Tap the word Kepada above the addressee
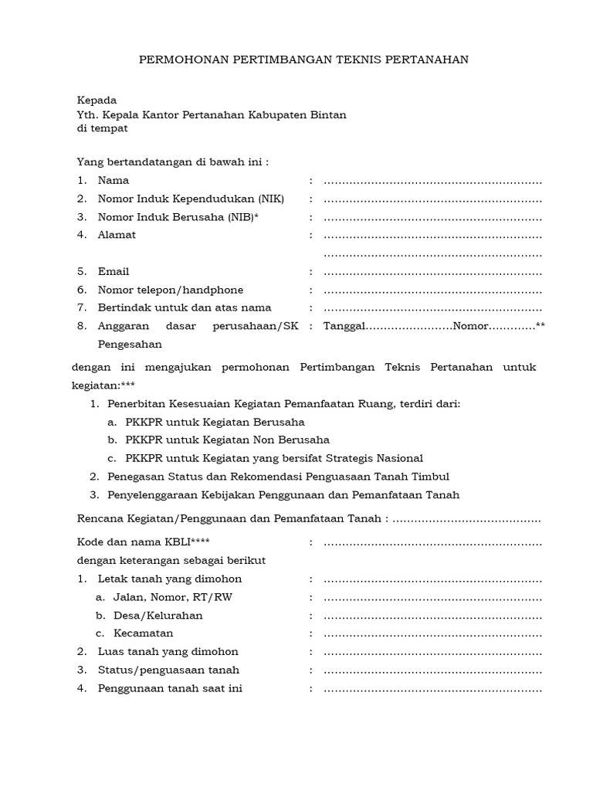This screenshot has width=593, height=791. coord(97,100)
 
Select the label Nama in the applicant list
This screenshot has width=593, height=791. coord(114,181)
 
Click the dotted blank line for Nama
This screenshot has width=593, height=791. coord(432,182)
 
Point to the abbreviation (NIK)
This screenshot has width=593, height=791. coord(267,199)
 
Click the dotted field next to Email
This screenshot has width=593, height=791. coord(432,272)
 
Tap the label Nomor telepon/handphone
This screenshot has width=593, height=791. coord(171,290)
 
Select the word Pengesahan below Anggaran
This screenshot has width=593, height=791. coord(130,345)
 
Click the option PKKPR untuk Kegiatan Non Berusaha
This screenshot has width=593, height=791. coord(227,440)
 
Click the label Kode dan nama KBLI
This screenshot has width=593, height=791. coord(143,542)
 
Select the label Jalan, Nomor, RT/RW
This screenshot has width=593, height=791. coord(161,597)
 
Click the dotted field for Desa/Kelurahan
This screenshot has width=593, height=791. coord(432,616)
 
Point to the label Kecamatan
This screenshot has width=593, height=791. coord(143,633)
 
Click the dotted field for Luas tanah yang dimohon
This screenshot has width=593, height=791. coord(432,652)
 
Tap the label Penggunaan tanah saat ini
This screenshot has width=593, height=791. coord(170,688)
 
